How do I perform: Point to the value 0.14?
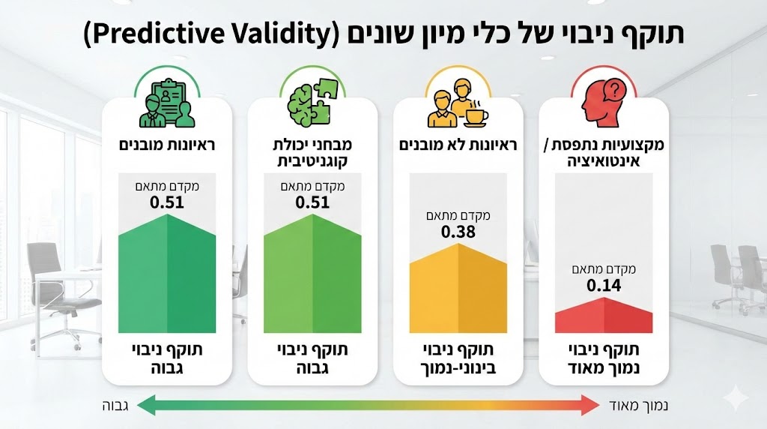point(604,285)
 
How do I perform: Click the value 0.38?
point(458,232)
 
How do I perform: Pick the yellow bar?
point(458,289)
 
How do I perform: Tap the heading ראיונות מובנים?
point(166,145)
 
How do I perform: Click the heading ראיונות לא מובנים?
point(458,145)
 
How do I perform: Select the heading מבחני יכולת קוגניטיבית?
point(312,152)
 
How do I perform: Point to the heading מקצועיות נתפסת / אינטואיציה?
point(604,152)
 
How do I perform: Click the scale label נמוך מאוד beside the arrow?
point(636,406)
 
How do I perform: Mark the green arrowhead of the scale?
point(146,406)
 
